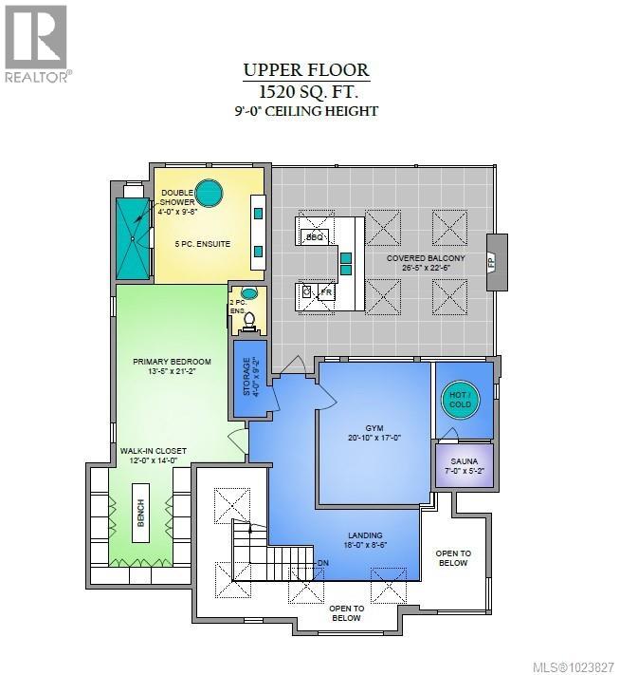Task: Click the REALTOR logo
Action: [36, 43]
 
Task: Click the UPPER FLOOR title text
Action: [305, 70]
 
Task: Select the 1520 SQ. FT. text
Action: [305, 91]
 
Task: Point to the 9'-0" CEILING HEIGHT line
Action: [306, 111]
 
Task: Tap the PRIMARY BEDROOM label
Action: [172, 362]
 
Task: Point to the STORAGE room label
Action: [246, 376]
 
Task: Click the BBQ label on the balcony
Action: [315, 236]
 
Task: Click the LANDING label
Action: [366, 537]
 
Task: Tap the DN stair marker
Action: [323, 562]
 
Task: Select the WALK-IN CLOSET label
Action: [153, 450]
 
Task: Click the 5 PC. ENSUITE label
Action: [202, 244]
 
